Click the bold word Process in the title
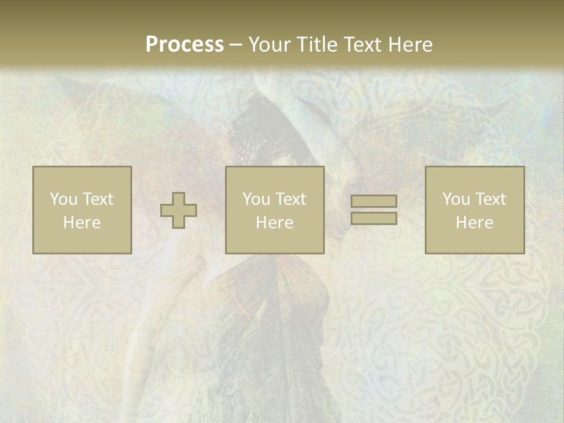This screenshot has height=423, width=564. coord(184,45)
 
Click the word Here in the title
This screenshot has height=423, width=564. coord(412,45)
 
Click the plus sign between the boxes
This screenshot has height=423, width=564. coord(179,210)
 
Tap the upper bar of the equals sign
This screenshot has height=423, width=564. coord(374,202)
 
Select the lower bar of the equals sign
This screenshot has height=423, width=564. coord(374,218)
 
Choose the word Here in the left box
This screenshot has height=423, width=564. coord(82,223)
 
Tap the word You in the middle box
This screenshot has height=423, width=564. coord(257,199)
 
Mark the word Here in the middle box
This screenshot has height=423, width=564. coord(274,223)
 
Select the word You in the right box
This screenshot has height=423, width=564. coord(456,199)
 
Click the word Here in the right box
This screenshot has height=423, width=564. coord(474,223)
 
